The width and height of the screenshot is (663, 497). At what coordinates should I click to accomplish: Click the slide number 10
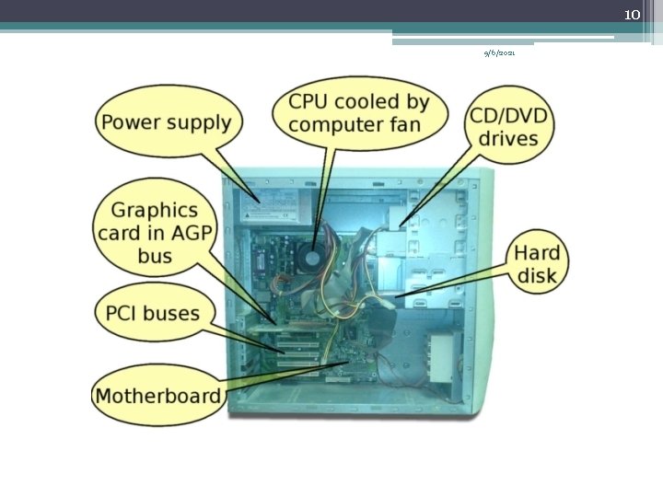coord(632,15)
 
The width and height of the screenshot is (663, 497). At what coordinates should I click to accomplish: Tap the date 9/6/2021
coord(500,53)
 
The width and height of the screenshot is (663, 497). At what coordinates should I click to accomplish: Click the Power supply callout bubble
coord(167,122)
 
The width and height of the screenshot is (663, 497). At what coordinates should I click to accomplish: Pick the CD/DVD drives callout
coord(508,128)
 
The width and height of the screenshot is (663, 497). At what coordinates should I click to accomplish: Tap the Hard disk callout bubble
coord(536,262)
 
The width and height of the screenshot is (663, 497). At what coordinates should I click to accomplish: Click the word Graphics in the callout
coord(155,211)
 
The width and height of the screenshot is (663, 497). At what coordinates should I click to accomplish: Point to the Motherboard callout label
coord(158,397)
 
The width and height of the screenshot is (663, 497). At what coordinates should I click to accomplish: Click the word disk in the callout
coord(537,275)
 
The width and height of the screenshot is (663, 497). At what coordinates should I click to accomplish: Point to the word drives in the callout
coord(508,140)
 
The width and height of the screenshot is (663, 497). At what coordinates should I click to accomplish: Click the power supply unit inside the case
coord(273,204)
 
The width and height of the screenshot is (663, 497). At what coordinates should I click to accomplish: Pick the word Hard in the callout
coord(537,251)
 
